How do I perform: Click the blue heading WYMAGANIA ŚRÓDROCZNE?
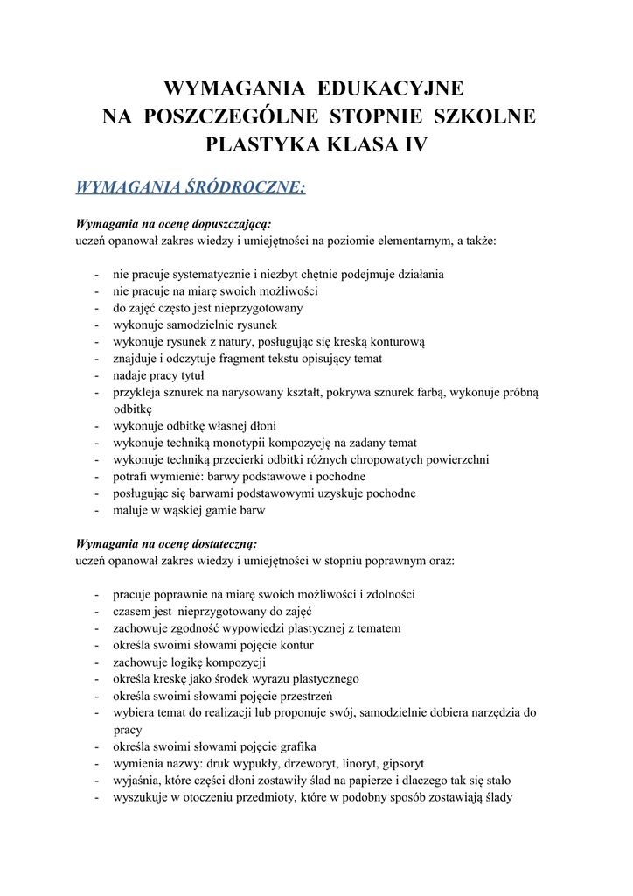click(x=191, y=187)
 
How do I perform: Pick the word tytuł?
click(x=191, y=375)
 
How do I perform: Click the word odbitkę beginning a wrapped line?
click(x=132, y=409)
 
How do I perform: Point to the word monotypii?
click(x=242, y=443)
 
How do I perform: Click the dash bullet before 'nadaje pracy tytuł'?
click(x=96, y=375)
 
